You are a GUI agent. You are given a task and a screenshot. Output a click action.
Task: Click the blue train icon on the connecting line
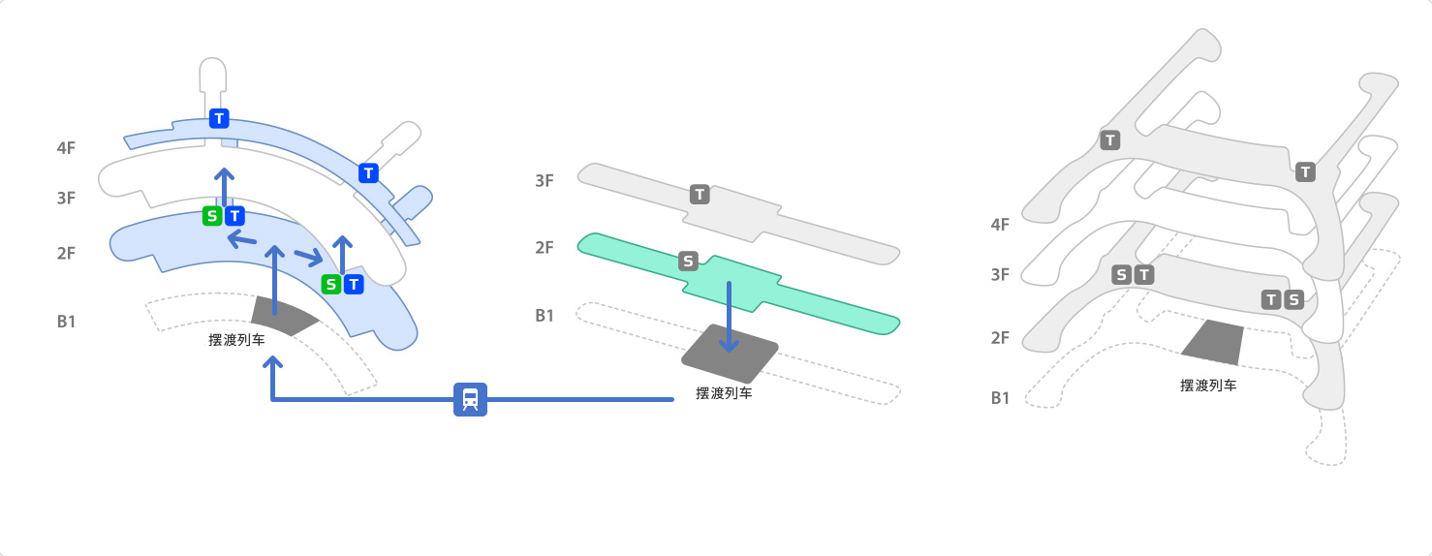pos(470,399)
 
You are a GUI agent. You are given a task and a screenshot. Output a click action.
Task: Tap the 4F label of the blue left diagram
pos(66,148)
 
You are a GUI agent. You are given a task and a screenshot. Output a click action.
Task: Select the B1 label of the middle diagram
pos(545,316)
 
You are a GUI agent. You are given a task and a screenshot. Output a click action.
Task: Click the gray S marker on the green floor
pos(688,261)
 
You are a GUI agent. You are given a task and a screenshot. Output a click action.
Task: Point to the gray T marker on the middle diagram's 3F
pos(700,195)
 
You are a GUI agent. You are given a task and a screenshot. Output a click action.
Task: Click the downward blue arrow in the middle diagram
pos(729,317)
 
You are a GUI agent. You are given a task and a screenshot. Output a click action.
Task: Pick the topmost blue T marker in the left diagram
pos(219,118)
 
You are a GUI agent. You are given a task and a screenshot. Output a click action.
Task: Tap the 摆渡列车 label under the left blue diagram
pos(236,340)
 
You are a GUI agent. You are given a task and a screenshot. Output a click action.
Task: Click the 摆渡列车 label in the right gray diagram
pos(1208,386)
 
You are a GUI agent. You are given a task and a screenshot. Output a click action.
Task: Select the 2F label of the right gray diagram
pos(1000,338)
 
